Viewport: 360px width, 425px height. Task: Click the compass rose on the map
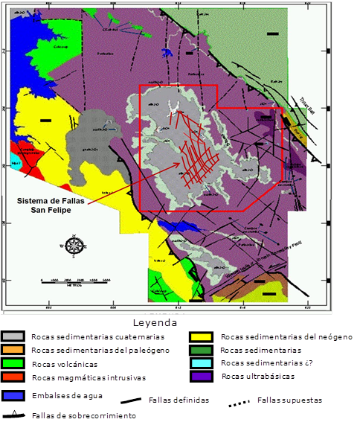[x=74, y=245]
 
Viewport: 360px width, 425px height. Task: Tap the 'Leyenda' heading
[x=155, y=323]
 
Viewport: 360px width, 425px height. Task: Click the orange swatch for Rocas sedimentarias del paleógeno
[x=14, y=351]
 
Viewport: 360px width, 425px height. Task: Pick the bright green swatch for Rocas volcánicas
[x=14, y=364]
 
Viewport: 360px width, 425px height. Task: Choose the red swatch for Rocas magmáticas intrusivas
[x=14, y=377]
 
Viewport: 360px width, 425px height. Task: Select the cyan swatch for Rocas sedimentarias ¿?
[x=202, y=364]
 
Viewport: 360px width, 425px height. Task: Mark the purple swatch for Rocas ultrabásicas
[x=202, y=377]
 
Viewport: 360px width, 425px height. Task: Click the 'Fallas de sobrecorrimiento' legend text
[x=78, y=415]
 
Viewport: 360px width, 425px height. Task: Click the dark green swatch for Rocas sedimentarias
[x=202, y=351]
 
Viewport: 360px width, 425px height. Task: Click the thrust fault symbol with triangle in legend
[x=15, y=415]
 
